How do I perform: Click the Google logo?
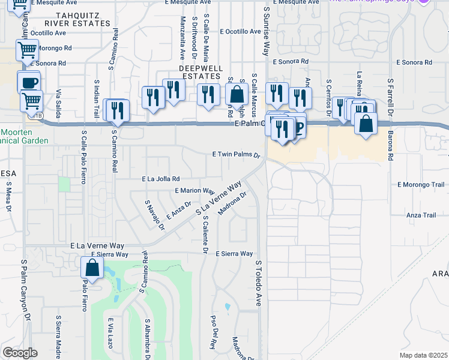[20, 353]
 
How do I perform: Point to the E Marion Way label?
[194, 190]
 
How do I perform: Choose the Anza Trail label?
[421, 215]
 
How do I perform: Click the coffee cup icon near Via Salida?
[28, 82]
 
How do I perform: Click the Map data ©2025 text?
[423, 355]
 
